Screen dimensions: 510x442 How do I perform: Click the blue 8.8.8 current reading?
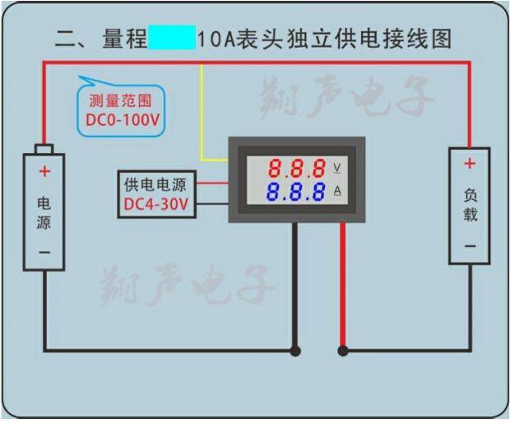[x=297, y=195]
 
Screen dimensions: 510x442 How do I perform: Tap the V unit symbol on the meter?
[x=337, y=168]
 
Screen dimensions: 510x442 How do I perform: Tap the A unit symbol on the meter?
[x=337, y=193]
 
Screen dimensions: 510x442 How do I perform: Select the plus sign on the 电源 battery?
[x=44, y=172]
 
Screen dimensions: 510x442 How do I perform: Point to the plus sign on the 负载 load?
[x=470, y=164]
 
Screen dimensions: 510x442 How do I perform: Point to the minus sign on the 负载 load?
[x=470, y=245]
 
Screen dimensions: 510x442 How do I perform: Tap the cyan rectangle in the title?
[x=172, y=38]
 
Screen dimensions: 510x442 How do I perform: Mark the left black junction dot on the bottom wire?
[x=295, y=351]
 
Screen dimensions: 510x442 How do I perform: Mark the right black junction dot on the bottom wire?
[x=343, y=351]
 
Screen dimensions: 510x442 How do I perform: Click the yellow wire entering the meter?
[x=202, y=115]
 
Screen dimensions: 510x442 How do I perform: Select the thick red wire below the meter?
[x=343, y=288]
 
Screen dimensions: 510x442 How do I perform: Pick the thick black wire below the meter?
[x=295, y=288]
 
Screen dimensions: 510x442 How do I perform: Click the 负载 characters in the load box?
[x=470, y=205]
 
